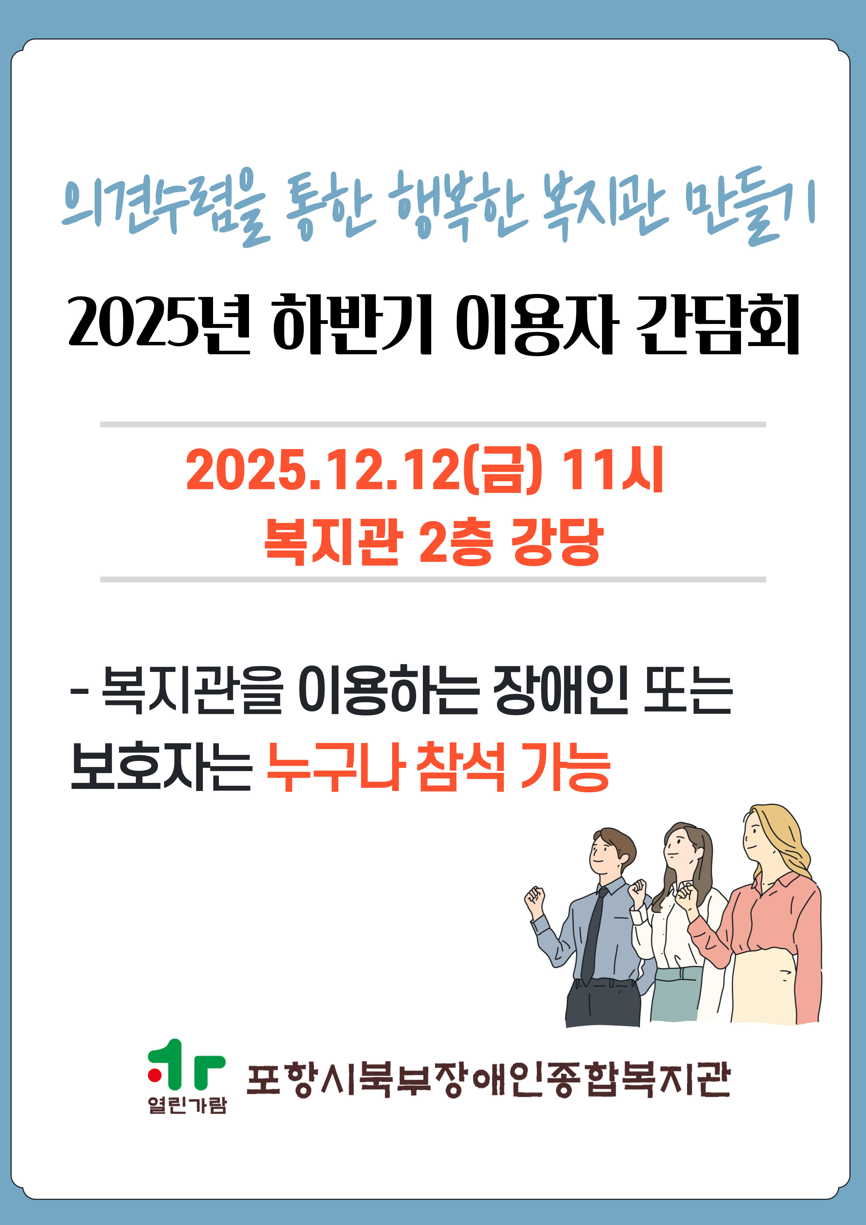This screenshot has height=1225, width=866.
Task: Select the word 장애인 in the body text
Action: tap(561, 691)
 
